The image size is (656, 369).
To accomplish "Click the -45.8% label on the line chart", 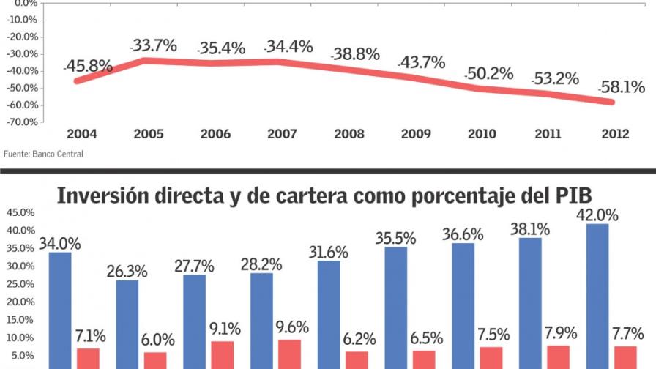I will (88, 67).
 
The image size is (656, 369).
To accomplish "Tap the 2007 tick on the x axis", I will (282, 134).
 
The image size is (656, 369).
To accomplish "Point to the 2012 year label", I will (615, 134).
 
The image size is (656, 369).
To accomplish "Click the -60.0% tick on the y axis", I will (23, 105).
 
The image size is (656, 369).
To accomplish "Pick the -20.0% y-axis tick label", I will (23, 37).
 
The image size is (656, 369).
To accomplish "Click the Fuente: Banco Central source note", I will (43, 154).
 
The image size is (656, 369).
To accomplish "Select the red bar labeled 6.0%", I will (155, 359).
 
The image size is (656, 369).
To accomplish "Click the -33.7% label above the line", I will (154, 46).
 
